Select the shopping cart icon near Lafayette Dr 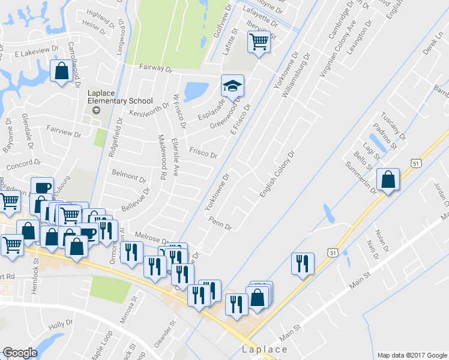[258, 42]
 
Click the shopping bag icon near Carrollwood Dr [62, 71]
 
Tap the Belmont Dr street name [129, 176]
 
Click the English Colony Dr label [278, 175]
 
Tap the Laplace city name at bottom [265, 349]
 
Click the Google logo [20, 353]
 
